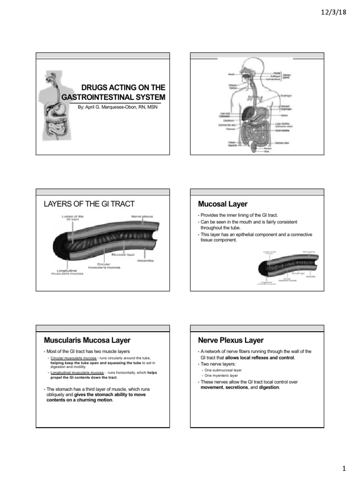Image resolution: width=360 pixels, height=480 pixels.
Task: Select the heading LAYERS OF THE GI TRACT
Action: coord(89,203)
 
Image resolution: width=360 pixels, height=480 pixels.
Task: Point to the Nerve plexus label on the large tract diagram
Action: coord(141,216)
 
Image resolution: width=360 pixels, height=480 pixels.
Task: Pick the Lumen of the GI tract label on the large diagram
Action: coord(73,218)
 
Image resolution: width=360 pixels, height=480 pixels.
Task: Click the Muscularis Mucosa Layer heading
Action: coord(87,340)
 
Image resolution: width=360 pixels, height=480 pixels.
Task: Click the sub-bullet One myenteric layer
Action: coord(221,375)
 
